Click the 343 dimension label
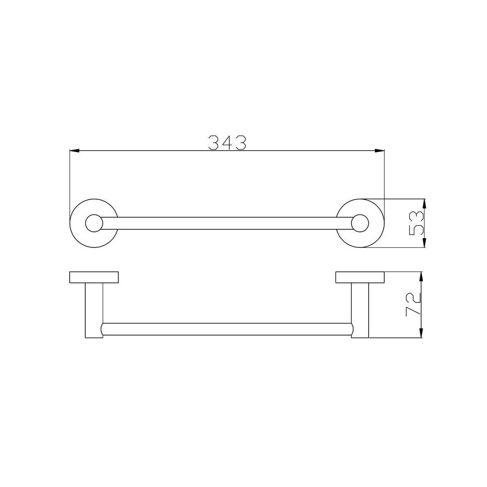(227, 143)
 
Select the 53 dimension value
(416, 224)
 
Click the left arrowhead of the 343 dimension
(75, 150)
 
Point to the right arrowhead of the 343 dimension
(380, 150)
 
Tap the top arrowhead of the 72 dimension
(421, 277)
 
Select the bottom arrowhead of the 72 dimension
(421, 333)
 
